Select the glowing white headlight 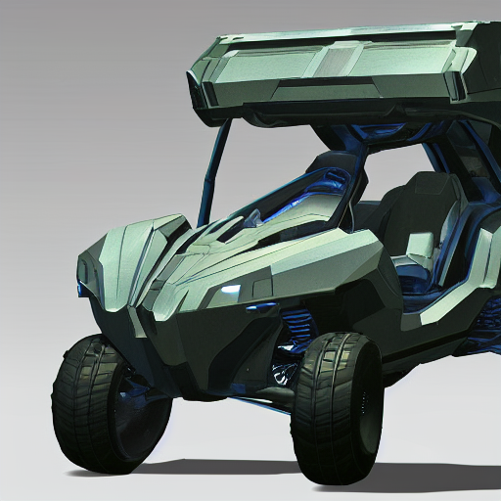(231, 289)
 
